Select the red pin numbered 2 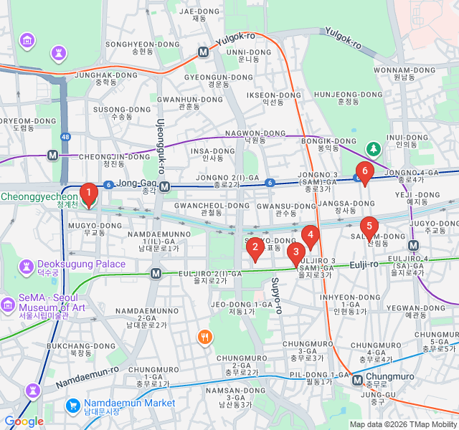click(x=254, y=247)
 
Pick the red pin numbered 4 click(x=310, y=234)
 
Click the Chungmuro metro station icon click(x=357, y=381)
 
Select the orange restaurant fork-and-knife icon click(x=205, y=336)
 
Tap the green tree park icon click(x=373, y=148)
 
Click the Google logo click(x=24, y=421)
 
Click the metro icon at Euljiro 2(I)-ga click(x=156, y=273)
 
